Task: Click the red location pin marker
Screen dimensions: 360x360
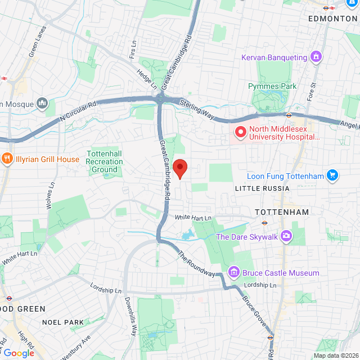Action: pos(179,168)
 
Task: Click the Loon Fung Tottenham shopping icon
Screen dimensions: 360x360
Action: pos(332,176)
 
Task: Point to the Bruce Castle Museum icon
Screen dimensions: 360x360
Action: pos(233,273)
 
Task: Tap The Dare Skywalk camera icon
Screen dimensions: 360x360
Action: pos(286,237)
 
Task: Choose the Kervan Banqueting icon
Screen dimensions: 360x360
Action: pos(316,57)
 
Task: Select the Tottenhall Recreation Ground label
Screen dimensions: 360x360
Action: pos(104,161)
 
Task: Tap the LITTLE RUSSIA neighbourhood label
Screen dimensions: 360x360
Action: pos(262,188)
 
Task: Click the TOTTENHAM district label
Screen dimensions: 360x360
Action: pos(282,212)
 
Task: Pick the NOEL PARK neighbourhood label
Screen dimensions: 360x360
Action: pos(63,322)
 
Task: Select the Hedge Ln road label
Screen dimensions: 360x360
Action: pos(147,79)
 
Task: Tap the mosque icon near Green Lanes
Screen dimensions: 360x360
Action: pos(42,103)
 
